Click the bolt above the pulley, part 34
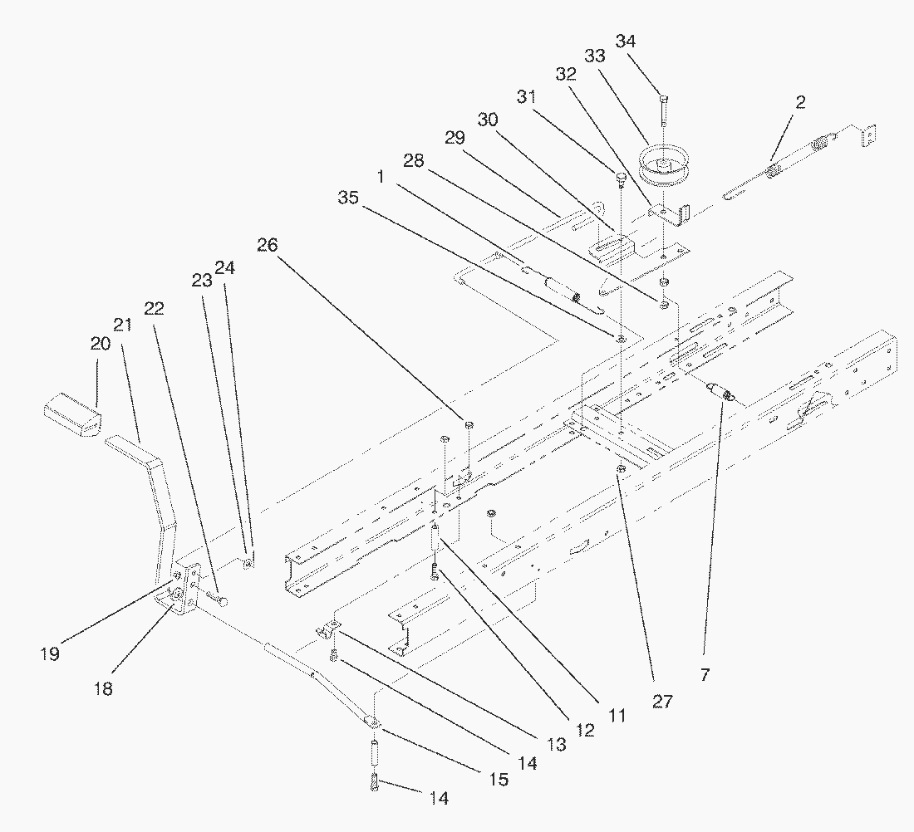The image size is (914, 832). click(x=662, y=108)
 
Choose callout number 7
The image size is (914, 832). click(x=705, y=676)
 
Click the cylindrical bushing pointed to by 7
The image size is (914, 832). click(x=719, y=390)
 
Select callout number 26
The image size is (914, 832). click(x=268, y=246)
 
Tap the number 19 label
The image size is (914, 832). click(x=50, y=653)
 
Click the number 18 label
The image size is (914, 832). click(x=104, y=688)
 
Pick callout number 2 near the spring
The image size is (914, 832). click(x=800, y=102)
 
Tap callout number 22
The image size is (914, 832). click(x=154, y=309)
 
